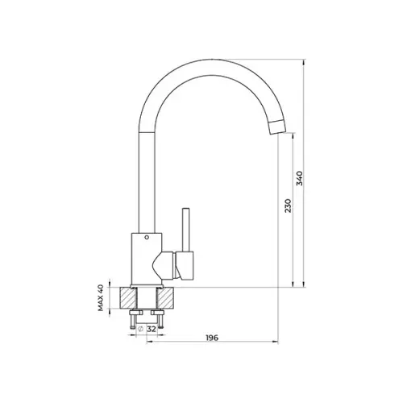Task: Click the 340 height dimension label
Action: click(x=299, y=178)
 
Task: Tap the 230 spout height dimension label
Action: click(x=288, y=206)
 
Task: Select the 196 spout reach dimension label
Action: click(x=212, y=338)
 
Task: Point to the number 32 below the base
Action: click(x=152, y=329)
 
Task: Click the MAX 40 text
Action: click(x=101, y=297)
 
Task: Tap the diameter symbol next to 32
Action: click(x=140, y=329)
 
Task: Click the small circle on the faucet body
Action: click(x=147, y=237)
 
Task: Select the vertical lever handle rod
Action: click(x=185, y=230)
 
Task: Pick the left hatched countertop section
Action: click(x=128, y=297)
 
